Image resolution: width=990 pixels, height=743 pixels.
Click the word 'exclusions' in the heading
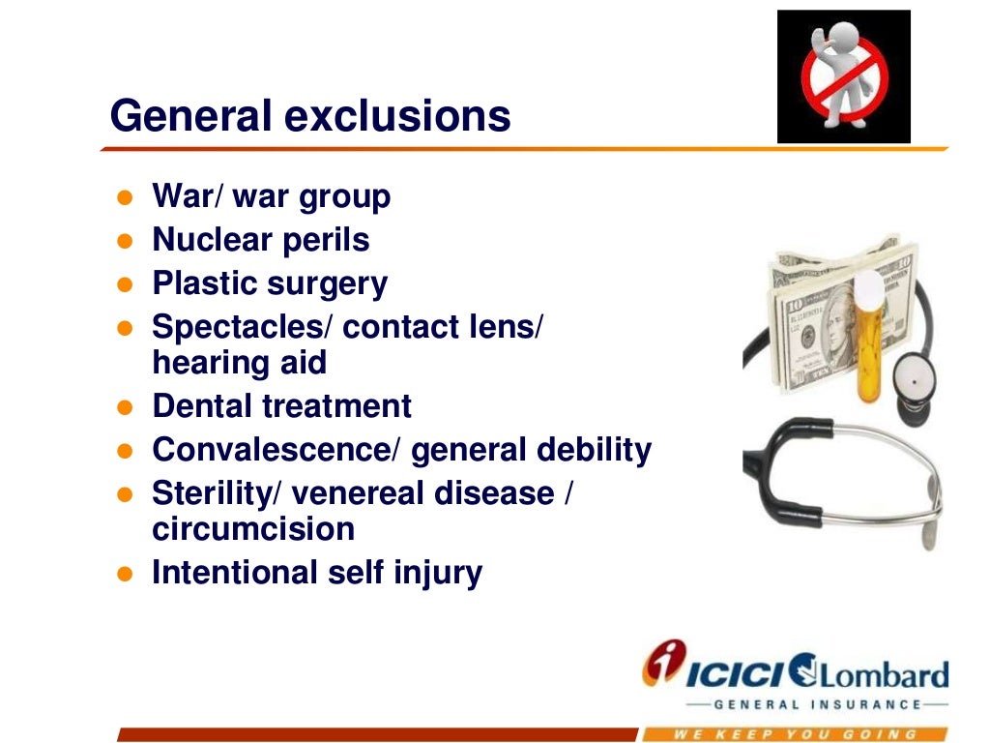tap(397, 117)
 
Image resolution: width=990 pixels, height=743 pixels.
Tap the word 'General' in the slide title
tap(190, 117)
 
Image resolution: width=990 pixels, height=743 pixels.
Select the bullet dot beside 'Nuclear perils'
tap(123, 241)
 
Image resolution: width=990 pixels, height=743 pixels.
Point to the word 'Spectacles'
tap(242, 328)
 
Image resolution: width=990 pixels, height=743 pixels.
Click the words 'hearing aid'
tap(239, 363)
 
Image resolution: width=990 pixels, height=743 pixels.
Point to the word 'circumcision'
tap(252, 529)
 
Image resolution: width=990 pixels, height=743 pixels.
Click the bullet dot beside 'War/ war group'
tap(123, 197)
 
